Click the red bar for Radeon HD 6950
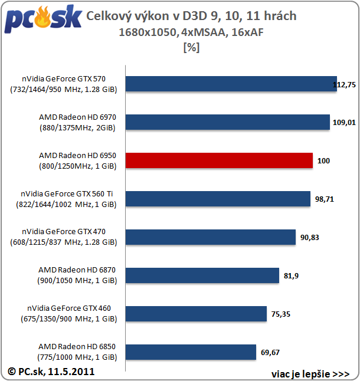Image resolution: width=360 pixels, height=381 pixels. [218, 160]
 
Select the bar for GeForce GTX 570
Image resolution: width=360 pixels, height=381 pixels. [231, 84]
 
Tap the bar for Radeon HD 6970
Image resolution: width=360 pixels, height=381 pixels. [227, 122]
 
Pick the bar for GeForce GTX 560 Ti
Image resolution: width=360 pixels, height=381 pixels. [218, 199]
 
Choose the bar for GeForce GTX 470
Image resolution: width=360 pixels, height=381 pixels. [210, 237]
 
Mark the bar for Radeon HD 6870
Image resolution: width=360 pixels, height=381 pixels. [202, 275]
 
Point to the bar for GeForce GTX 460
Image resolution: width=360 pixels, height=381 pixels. [195, 314]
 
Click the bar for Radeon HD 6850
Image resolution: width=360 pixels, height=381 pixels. [190, 352]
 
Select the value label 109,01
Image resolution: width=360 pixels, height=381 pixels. [343, 123]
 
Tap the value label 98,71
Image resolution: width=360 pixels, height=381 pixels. [325, 199]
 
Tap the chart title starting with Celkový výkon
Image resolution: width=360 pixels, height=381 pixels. [191, 16]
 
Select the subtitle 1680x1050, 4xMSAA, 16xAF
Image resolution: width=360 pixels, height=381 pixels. [191, 32]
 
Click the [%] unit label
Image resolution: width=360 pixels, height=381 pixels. [192, 48]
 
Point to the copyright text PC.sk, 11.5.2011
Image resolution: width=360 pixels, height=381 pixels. [51, 372]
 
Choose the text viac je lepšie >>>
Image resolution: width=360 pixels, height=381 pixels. [310, 374]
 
